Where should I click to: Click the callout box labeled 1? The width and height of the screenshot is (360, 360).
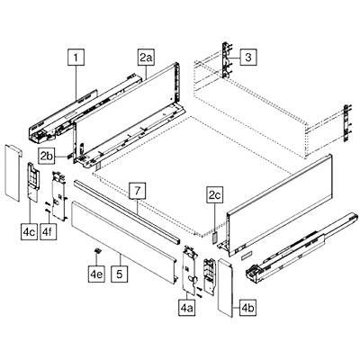click(x=76, y=57)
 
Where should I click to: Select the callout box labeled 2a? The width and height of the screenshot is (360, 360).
click(x=146, y=57)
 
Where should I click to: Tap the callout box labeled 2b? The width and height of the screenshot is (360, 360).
click(x=48, y=156)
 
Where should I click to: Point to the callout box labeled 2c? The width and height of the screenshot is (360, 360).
click(x=215, y=196)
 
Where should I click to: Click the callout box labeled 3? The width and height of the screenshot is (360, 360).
click(x=248, y=57)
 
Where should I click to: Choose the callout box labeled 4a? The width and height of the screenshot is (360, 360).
click(x=187, y=308)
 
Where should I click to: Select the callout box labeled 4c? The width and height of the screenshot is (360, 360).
click(x=30, y=231)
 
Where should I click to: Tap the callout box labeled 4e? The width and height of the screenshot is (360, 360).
click(x=96, y=274)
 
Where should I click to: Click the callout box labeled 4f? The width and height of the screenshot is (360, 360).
click(x=48, y=231)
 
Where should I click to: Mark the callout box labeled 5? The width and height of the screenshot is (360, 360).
click(x=120, y=274)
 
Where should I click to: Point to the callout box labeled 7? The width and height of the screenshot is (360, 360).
click(x=138, y=191)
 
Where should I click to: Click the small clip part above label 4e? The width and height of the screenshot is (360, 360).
click(x=97, y=251)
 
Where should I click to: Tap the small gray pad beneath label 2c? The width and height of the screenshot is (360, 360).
click(x=215, y=237)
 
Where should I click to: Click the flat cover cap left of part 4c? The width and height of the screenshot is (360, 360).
click(x=13, y=173)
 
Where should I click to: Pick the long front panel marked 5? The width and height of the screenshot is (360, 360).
click(x=123, y=242)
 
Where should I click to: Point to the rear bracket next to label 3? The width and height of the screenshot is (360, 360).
click(x=227, y=60)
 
